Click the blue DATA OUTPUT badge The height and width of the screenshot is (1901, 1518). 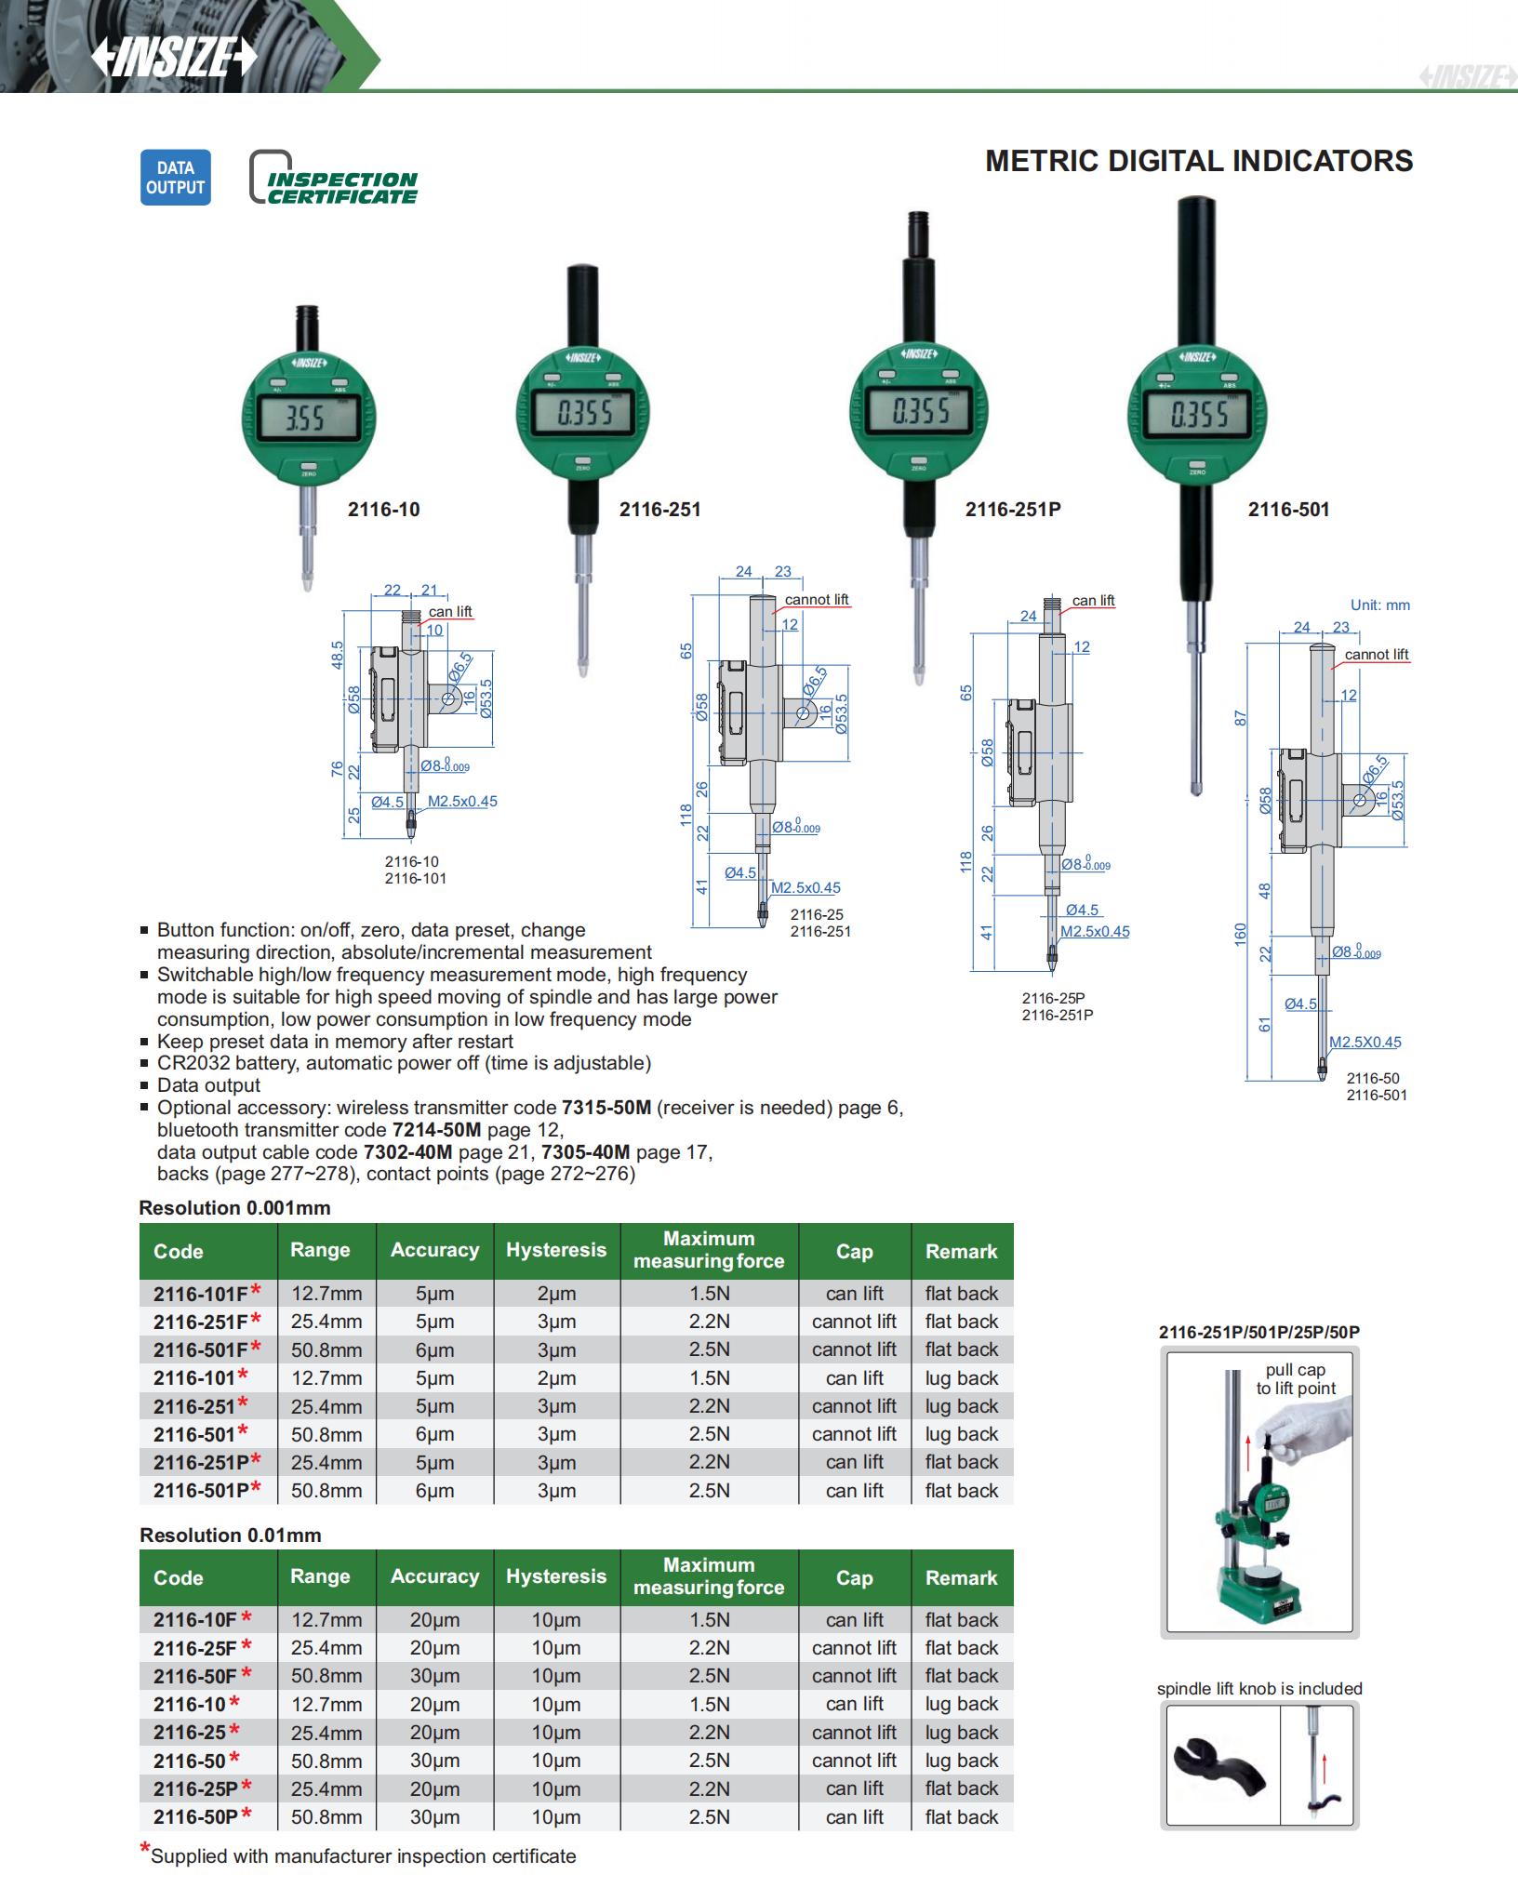pos(175,178)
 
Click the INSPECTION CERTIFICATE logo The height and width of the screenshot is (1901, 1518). pos(334,178)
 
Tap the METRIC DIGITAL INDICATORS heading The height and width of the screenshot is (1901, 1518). pos(1198,161)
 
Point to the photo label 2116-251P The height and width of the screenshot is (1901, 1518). pos(1012,510)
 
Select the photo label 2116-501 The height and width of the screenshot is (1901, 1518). pos(1288,510)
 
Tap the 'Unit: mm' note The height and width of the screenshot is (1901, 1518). pos(1379,605)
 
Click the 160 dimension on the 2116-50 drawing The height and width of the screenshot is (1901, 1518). pos(1240,935)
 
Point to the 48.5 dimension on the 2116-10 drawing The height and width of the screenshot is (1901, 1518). pos(337,654)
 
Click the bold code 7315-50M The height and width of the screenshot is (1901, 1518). pos(606,1108)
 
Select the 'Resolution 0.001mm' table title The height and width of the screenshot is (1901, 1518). pos(234,1208)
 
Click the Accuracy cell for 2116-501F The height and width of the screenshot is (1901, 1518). pos(434,1349)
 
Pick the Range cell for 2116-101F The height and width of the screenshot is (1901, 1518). pos(326,1294)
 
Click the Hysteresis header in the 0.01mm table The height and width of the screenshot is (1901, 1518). pos(555,1576)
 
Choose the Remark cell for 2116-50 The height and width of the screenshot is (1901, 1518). pos(961,1761)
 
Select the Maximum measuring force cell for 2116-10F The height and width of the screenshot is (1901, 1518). pos(709,1620)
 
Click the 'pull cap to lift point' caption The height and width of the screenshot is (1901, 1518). pos(1296,1379)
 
